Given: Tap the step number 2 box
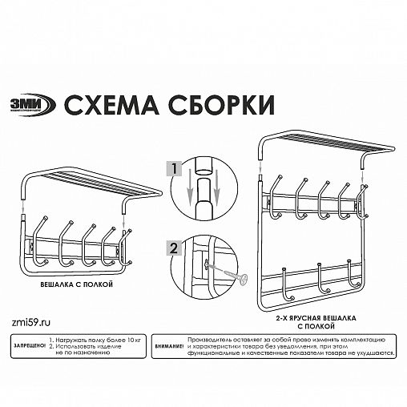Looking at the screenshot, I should pyautogui.click(x=170, y=247).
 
